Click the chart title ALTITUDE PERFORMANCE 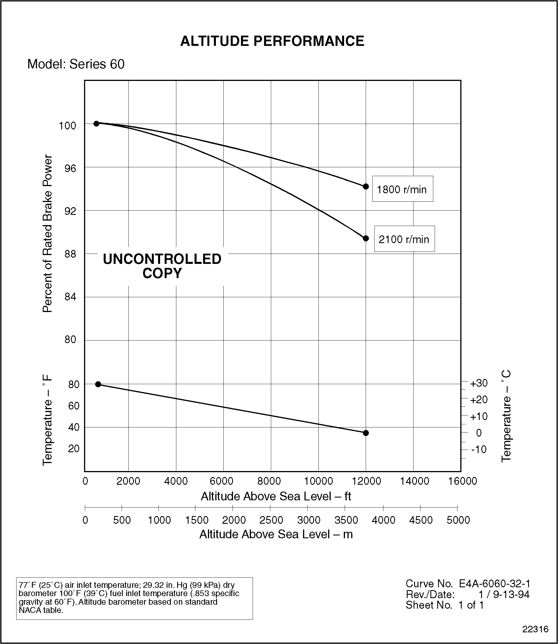pyautogui.click(x=272, y=41)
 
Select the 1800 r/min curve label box pyautogui.click(x=402, y=189)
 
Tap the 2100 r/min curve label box pyautogui.click(x=404, y=239)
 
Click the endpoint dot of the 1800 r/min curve pyautogui.click(x=366, y=187)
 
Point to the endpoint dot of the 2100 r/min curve pyautogui.click(x=366, y=238)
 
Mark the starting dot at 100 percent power pyautogui.click(x=97, y=124)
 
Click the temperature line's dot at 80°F pyautogui.click(x=98, y=384)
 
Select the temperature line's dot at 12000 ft pyautogui.click(x=366, y=433)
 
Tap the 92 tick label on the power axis pyautogui.click(x=70, y=211)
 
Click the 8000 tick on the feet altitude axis pyautogui.click(x=269, y=481)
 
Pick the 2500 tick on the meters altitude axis pyautogui.click(x=271, y=520)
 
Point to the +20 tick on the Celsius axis pyautogui.click(x=479, y=400)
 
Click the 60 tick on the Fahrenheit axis pyautogui.click(x=73, y=406)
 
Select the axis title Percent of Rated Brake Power pyautogui.click(x=47, y=233)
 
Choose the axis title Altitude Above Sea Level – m pyautogui.click(x=276, y=534)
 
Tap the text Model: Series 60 pyautogui.click(x=76, y=64)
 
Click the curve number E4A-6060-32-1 pyautogui.click(x=494, y=584)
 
